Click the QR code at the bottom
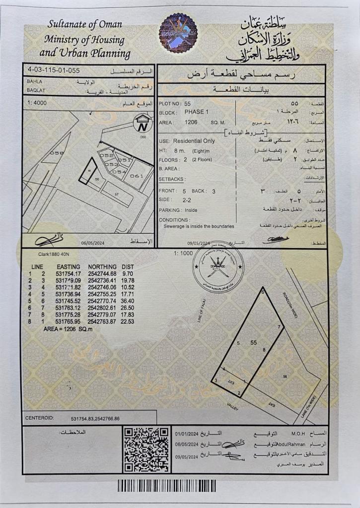coord(146,450)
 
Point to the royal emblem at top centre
coord(177,33)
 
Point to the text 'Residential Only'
coord(195,141)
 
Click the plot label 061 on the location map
coord(136,176)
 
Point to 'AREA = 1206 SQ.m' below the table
coord(65,329)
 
